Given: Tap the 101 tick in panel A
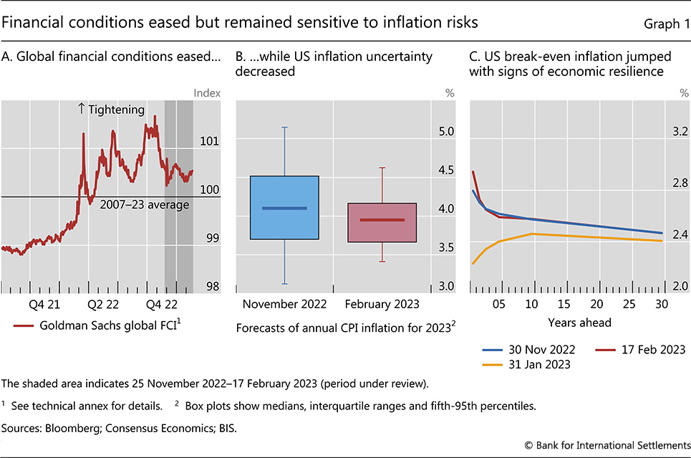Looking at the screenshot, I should pos(210,140).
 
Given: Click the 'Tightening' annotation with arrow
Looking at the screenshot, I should pos(111,110).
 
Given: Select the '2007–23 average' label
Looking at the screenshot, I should pos(144,205).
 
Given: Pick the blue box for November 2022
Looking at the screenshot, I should pos(284,207).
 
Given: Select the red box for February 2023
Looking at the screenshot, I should pos(382,222).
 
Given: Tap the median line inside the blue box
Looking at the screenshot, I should pos(284,208).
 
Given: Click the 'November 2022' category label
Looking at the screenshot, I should pos(284,304).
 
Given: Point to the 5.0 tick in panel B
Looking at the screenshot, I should pos(447,132).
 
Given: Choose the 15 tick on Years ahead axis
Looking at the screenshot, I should pos(564,304).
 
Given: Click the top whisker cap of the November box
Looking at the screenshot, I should pos(284,127).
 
